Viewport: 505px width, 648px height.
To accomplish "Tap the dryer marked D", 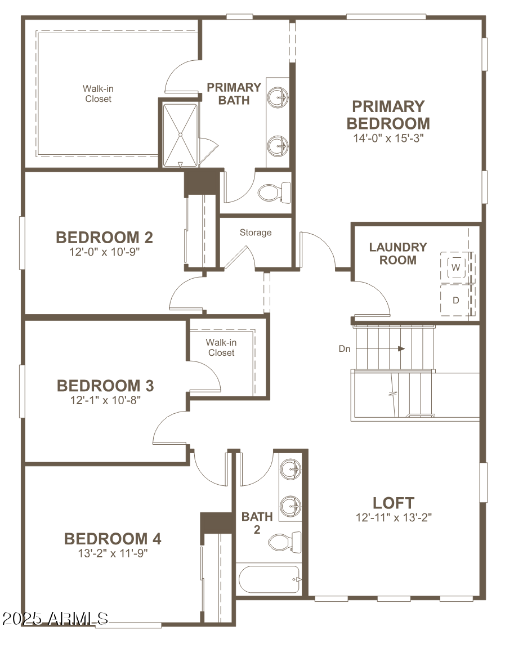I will coord(457,300).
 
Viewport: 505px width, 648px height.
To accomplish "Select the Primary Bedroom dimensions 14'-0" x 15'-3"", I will coord(388,137).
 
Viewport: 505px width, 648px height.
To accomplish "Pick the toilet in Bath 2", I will coord(279,542).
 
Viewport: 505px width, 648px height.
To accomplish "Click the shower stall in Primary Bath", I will coord(180,134).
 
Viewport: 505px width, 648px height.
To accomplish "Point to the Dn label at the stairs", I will coord(345,349).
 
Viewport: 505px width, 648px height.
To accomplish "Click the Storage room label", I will coord(256,233).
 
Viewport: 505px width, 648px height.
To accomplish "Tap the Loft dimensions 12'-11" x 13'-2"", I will coord(394,517).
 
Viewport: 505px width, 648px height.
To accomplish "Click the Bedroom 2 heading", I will coord(105,238).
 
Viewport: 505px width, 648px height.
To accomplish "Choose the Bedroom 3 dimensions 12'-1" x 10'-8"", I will coord(105,400).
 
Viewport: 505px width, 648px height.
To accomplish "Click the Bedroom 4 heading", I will coord(113,539).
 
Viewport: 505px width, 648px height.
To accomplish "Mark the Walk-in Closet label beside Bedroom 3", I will coord(221,347).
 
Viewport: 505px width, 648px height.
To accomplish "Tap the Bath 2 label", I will coord(257,522).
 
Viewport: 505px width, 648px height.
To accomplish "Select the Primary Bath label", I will coord(234,93).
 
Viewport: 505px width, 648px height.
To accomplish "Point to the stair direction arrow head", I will coord(401,348).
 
